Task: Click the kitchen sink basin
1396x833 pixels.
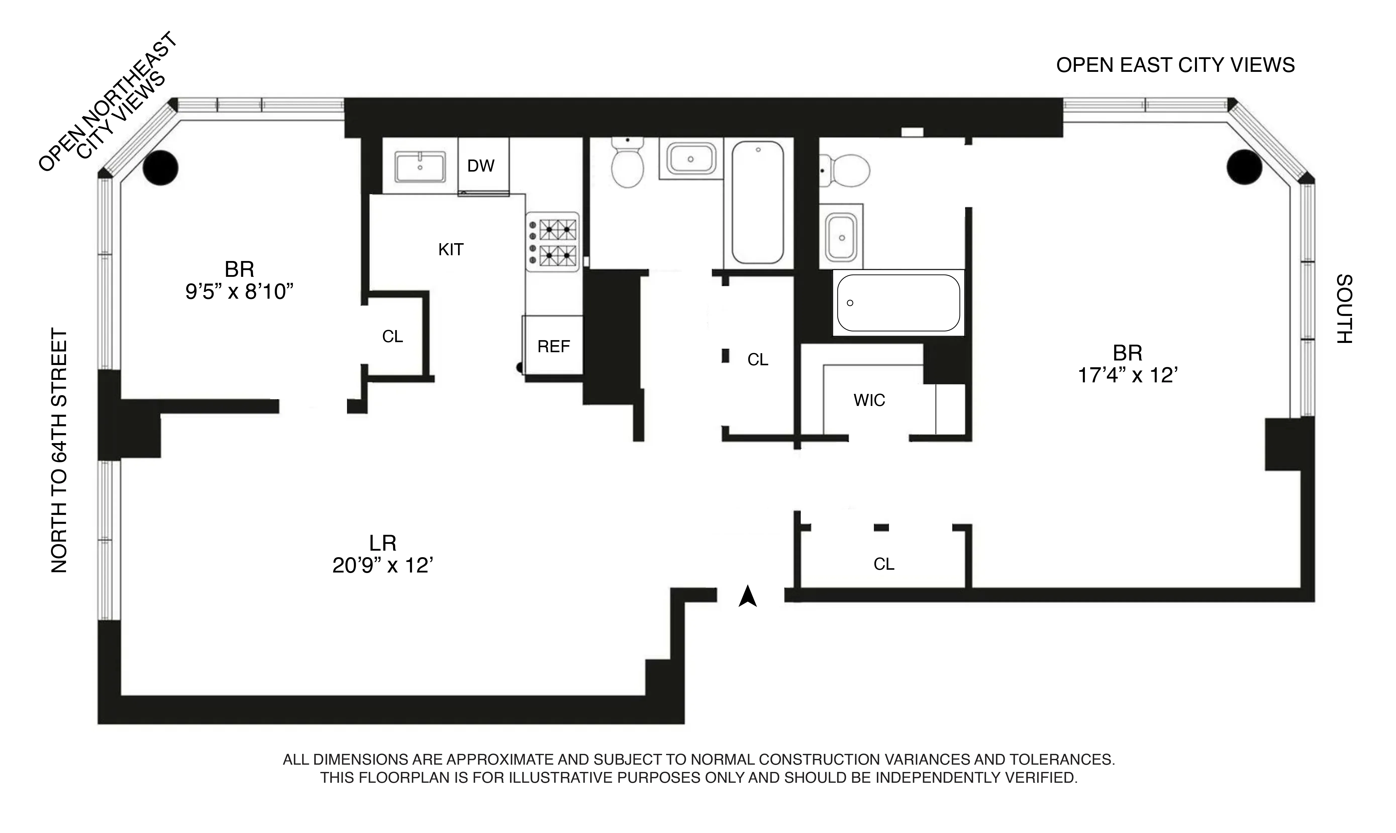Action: tap(420, 167)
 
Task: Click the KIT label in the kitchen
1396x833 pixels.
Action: tap(451, 249)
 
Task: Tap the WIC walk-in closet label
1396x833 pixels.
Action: tap(869, 400)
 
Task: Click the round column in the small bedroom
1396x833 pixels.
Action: tap(161, 167)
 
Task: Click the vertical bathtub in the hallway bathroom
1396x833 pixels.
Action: tap(758, 202)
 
